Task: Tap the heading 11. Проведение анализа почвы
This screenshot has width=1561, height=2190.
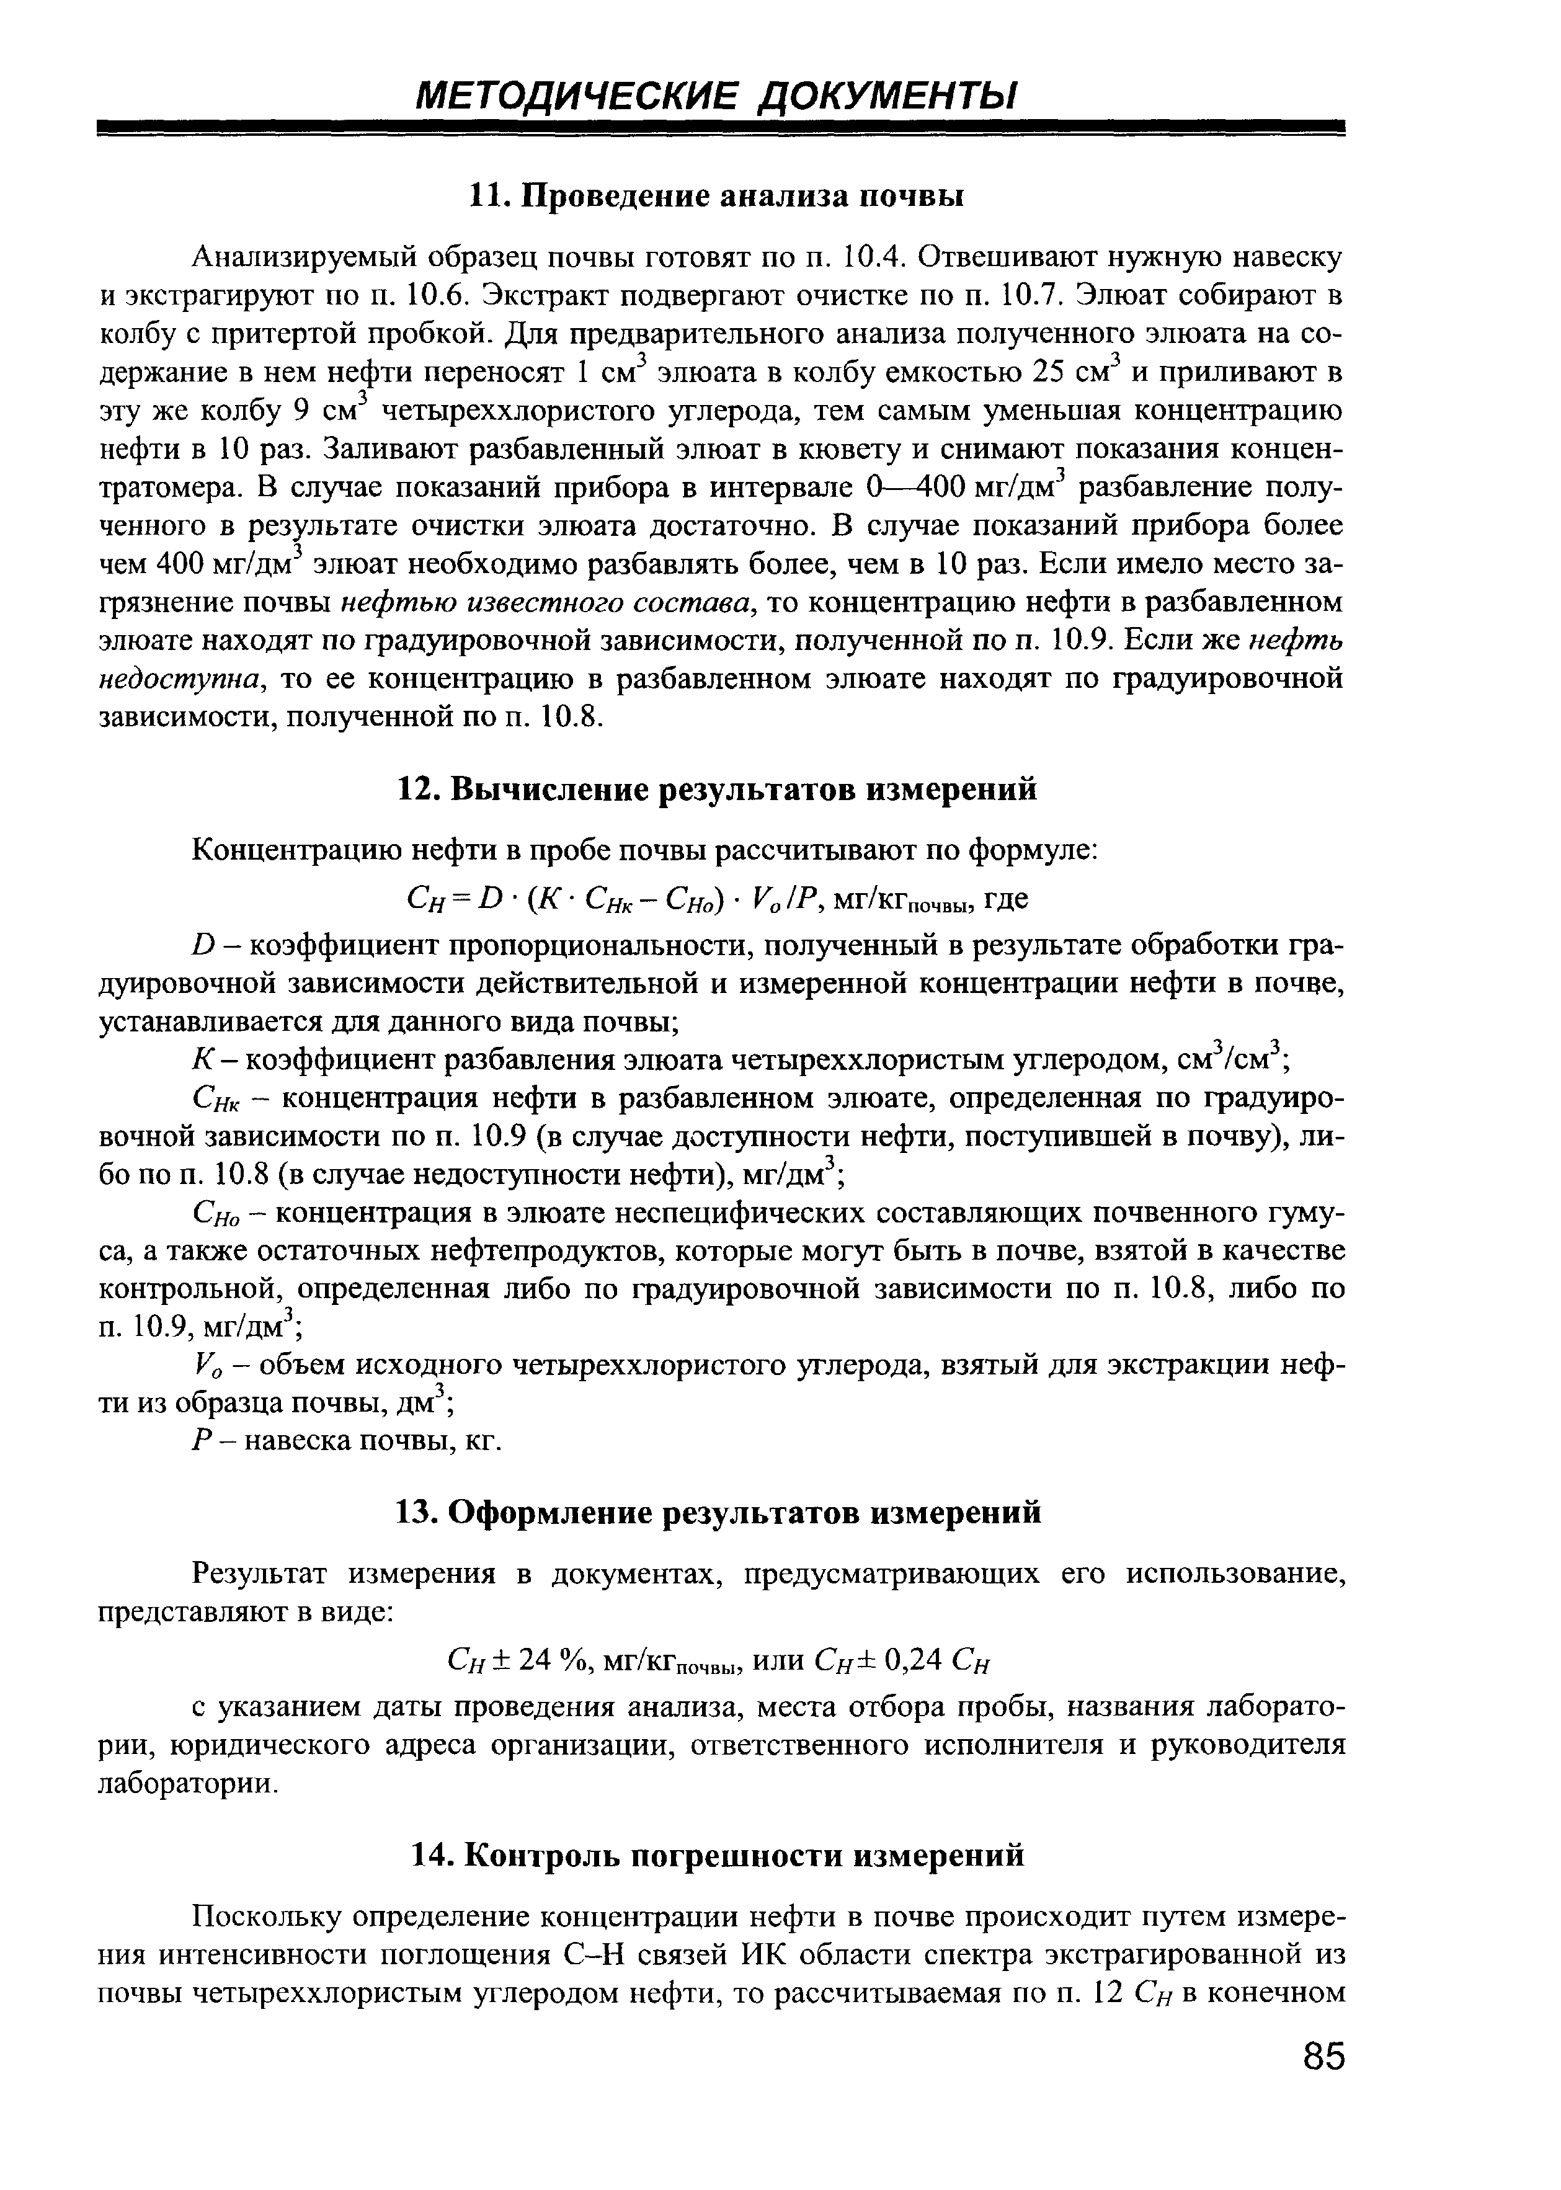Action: coord(715,196)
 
